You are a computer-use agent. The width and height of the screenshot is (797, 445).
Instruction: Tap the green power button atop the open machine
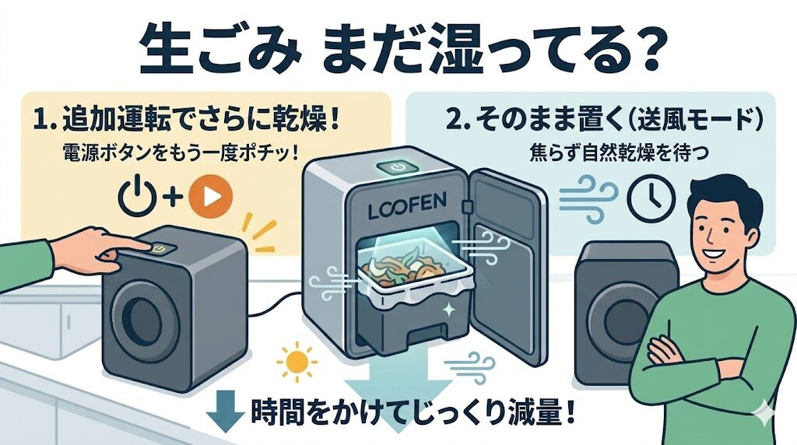tap(396, 166)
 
